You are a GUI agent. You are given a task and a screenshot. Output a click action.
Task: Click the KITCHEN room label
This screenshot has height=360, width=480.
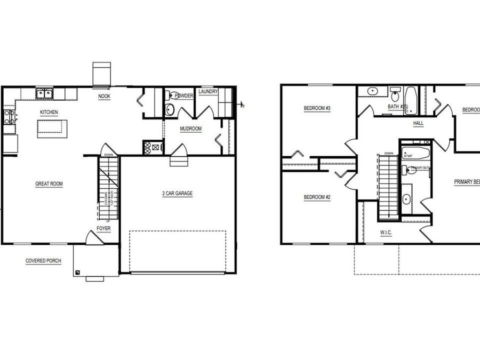(49, 113)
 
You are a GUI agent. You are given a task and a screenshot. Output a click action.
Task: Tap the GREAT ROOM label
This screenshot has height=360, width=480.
(49, 184)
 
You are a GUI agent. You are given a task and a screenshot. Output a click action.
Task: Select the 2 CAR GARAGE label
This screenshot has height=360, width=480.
(178, 194)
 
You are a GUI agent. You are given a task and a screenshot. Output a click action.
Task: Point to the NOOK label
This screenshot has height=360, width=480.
(104, 97)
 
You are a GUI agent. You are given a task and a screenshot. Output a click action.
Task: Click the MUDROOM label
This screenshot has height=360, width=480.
(190, 129)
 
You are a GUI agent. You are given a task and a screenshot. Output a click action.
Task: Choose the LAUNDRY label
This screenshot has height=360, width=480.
(208, 92)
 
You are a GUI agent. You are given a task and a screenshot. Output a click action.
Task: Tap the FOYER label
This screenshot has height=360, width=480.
(103, 229)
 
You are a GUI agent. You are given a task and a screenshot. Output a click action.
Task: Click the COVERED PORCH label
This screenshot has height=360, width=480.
(43, 261)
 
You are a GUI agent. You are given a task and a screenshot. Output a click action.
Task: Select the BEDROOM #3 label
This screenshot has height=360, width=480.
(317, 109)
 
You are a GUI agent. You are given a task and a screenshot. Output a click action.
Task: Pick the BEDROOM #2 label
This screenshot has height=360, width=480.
(317, 197)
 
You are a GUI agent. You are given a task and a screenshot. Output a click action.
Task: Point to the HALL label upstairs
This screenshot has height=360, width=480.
(418, 123)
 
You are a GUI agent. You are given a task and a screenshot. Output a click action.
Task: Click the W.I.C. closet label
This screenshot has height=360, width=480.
(387, 233)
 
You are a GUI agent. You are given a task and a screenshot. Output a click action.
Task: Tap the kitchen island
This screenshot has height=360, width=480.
(52, 129)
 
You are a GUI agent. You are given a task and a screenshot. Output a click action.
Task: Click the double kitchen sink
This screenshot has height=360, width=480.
(44, 94)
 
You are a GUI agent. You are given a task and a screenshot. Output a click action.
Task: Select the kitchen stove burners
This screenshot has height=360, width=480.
(9, 117)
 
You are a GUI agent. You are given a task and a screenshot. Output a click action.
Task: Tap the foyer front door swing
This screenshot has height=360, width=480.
(94, 238)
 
